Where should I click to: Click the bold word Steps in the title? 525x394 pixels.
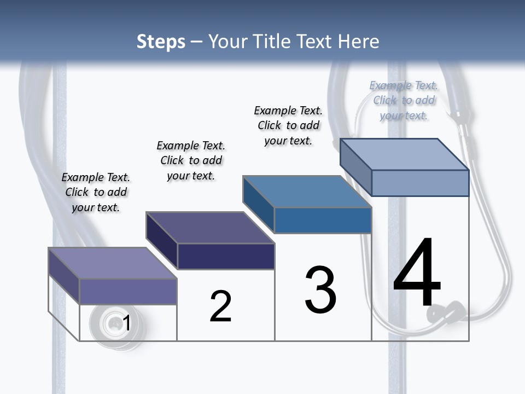point(161,42)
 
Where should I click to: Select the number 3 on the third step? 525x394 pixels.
point(320,290)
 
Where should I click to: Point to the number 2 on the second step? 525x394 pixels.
point(220,306)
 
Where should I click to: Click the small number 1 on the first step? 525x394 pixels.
point(126,323)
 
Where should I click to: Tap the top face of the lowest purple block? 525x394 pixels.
point(112,263)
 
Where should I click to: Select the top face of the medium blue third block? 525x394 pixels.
point(307,192)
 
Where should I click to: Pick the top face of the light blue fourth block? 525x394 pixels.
point(404,154)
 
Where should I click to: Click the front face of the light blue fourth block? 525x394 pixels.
point(420,183)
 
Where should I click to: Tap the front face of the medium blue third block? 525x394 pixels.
point(323,220)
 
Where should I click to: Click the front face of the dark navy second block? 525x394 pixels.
point(226,256)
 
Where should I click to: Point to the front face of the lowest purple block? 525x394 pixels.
point(128,291)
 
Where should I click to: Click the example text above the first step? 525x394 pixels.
point(96,192)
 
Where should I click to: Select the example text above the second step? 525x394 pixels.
point(191,160)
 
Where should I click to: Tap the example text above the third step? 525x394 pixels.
point(288,125)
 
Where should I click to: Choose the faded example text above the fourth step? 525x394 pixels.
point(404,100)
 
